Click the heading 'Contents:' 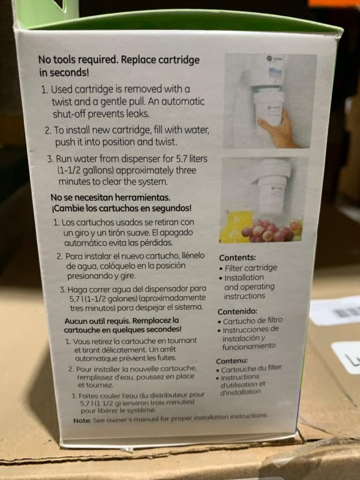coord(237,258)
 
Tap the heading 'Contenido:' coord(237,311)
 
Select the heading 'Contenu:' coord(232,361)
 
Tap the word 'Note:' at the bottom coord(82,421)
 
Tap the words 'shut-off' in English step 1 coord(69,114)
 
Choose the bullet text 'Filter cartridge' coord(251,268)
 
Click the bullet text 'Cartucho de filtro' coord(252,321)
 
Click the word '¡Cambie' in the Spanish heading coord(66,209)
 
